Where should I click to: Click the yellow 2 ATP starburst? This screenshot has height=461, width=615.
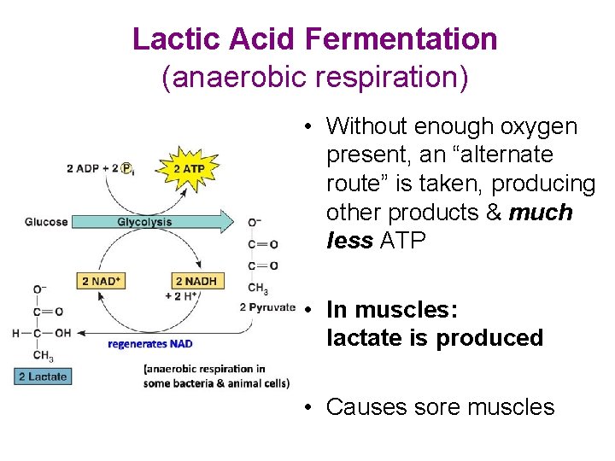coord(189,169)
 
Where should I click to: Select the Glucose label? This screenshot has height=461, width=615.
coord(46,222)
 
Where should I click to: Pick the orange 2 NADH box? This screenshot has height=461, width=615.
coord(196,281)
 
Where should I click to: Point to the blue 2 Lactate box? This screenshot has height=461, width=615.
coord(42,376)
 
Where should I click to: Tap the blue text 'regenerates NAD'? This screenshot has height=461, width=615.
coord(149,344)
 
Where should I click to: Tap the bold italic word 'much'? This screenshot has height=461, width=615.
coord(540,213)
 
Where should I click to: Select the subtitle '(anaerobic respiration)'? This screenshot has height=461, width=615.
coord(315,78)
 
